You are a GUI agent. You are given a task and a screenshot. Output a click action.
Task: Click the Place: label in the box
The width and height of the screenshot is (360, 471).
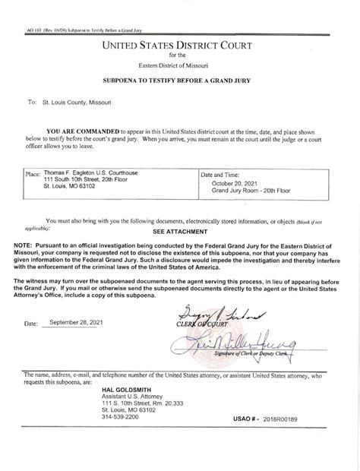tap(33, 175)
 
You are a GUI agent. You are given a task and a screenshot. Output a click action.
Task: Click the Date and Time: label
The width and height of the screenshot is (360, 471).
tap(223, 175)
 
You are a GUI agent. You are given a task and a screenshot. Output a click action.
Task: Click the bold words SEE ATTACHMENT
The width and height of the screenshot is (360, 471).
tap(180, 230)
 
